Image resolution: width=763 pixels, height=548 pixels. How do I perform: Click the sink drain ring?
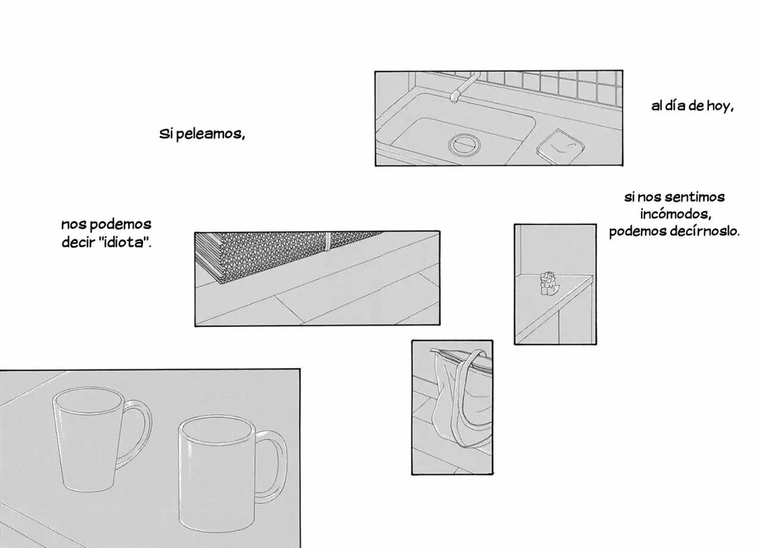(464, 145)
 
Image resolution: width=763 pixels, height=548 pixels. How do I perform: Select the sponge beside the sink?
(560, 147)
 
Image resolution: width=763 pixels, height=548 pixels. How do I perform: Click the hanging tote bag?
(461, 399)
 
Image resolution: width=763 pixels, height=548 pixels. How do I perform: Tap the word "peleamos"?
(210, 134)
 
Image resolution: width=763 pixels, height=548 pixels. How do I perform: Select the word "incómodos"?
(676, 214)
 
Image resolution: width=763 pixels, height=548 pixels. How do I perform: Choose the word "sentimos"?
(694, 197)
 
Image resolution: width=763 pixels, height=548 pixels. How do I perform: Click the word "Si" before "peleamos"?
(166, 134)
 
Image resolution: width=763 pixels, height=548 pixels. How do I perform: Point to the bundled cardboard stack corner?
(219, 281)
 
